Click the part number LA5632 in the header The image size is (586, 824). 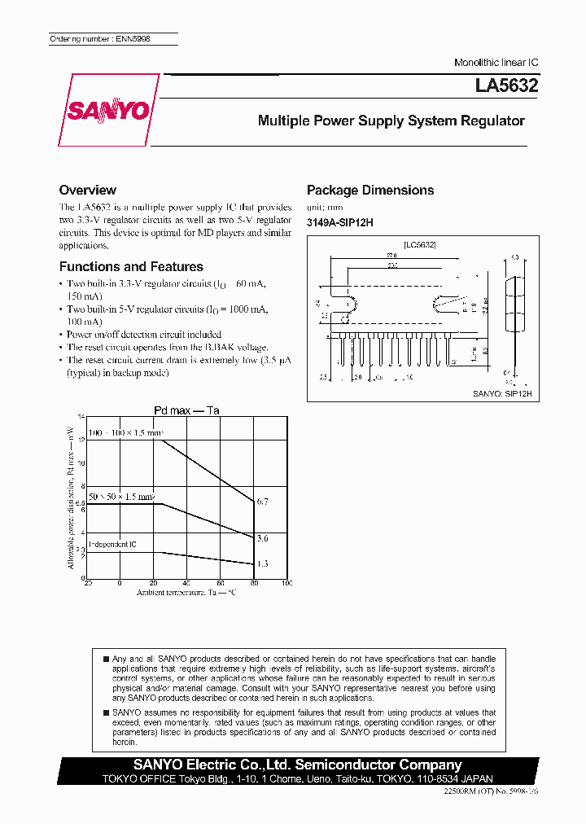507,85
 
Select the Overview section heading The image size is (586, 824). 88,190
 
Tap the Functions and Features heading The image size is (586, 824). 131,267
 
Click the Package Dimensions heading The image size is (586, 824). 370,191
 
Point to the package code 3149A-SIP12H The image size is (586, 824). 339,223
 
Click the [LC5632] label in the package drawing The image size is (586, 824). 420,244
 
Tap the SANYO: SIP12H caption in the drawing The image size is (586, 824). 502,392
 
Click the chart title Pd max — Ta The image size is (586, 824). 187,410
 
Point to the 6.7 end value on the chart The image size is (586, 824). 262,502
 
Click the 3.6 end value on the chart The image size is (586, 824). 262,538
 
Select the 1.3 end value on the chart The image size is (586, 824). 262,563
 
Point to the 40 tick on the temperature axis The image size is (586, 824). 186,584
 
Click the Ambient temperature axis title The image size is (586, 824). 186,594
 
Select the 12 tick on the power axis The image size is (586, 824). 81,439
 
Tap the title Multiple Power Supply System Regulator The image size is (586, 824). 391,121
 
